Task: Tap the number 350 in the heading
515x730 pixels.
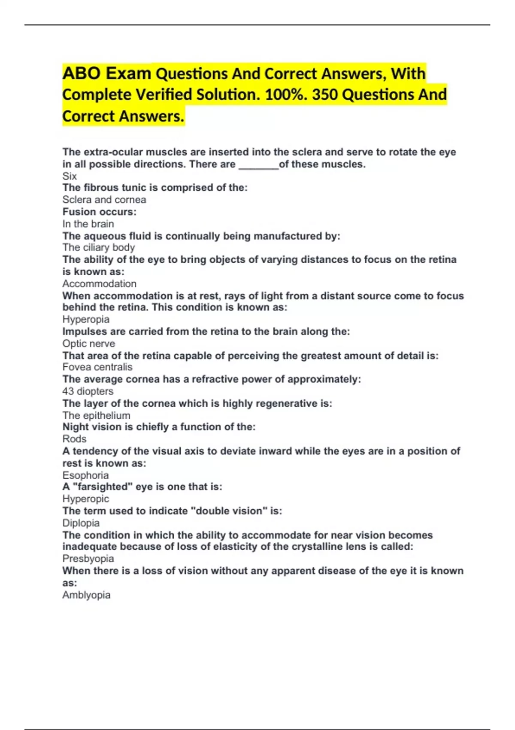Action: point(325,94)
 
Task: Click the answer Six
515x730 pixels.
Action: point(70,176)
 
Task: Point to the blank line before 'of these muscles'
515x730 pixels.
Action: point(258,165)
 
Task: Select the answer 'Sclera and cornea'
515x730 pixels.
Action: point(104,200)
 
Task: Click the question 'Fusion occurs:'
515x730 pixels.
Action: point(99,212)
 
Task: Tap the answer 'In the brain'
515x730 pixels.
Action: point(88,224)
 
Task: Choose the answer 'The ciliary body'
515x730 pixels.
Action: point(99,247)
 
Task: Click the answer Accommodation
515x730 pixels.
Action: point(100,284)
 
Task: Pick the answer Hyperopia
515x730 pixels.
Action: point(86,319)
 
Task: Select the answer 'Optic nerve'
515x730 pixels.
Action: point(89,344)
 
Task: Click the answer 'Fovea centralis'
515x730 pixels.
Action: point(97,367)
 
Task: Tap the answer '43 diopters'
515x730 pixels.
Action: point(88,391)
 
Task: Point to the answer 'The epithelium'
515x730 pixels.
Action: point(96,415)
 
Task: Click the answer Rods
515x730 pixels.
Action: point(74,439)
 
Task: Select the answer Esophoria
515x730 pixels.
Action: point(85,475)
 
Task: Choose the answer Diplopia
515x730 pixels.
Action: point(81,523)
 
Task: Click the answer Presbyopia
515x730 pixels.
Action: point(88,559)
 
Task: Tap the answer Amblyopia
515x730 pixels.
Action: point(86,595)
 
